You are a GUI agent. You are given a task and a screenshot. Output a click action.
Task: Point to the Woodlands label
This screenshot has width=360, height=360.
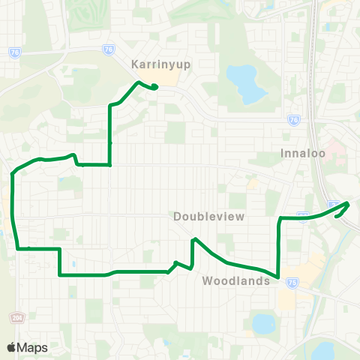click(235, 281)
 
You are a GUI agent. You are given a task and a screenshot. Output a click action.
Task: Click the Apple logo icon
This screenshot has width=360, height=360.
click(11, 347)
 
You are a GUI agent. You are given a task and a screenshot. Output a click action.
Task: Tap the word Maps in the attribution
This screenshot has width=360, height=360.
click(32, 347)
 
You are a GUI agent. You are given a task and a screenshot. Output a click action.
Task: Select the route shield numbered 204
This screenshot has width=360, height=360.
click(16, 318)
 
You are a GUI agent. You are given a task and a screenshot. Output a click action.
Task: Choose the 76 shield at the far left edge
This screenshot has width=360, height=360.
click(15, 52)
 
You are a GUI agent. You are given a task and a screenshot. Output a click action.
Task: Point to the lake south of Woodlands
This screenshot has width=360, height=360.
click(263, 324)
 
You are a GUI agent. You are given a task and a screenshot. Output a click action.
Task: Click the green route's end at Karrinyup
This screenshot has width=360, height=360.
click(154, 87)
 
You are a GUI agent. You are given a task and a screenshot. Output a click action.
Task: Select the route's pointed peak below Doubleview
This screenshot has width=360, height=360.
click(194, 239)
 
